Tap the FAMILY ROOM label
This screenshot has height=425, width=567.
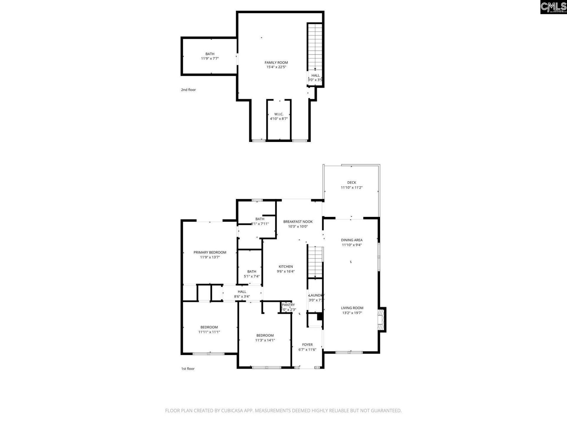(x=276, y=63)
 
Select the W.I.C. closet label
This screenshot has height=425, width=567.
(x=279, y=114)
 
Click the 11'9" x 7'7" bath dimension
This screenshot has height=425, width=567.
(x=210, y=58)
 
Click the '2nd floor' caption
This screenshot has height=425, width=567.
(x=188, y=90)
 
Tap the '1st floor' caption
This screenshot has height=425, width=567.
(x=188, y=369)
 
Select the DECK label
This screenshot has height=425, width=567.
(x=351, y=183)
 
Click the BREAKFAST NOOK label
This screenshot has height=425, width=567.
(x=298, y=222)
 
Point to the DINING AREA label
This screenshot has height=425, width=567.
(x=352, y=240)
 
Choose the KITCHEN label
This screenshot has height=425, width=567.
(x=286, y=267)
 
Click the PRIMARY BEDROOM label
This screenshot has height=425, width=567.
(x=210, y=252)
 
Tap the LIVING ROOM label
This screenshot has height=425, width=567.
(x=352, y=308)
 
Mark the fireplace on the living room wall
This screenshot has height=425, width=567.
(x=382, y=320)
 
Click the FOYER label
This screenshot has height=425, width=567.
(x=307, y=345)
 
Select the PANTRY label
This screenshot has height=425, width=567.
(x=288, y=305)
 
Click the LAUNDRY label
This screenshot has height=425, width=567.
(x=316, y=295)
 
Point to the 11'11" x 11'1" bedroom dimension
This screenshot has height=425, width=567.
(x=209, y=332)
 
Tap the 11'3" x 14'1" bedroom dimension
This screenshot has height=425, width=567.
(x=265, y=340)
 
